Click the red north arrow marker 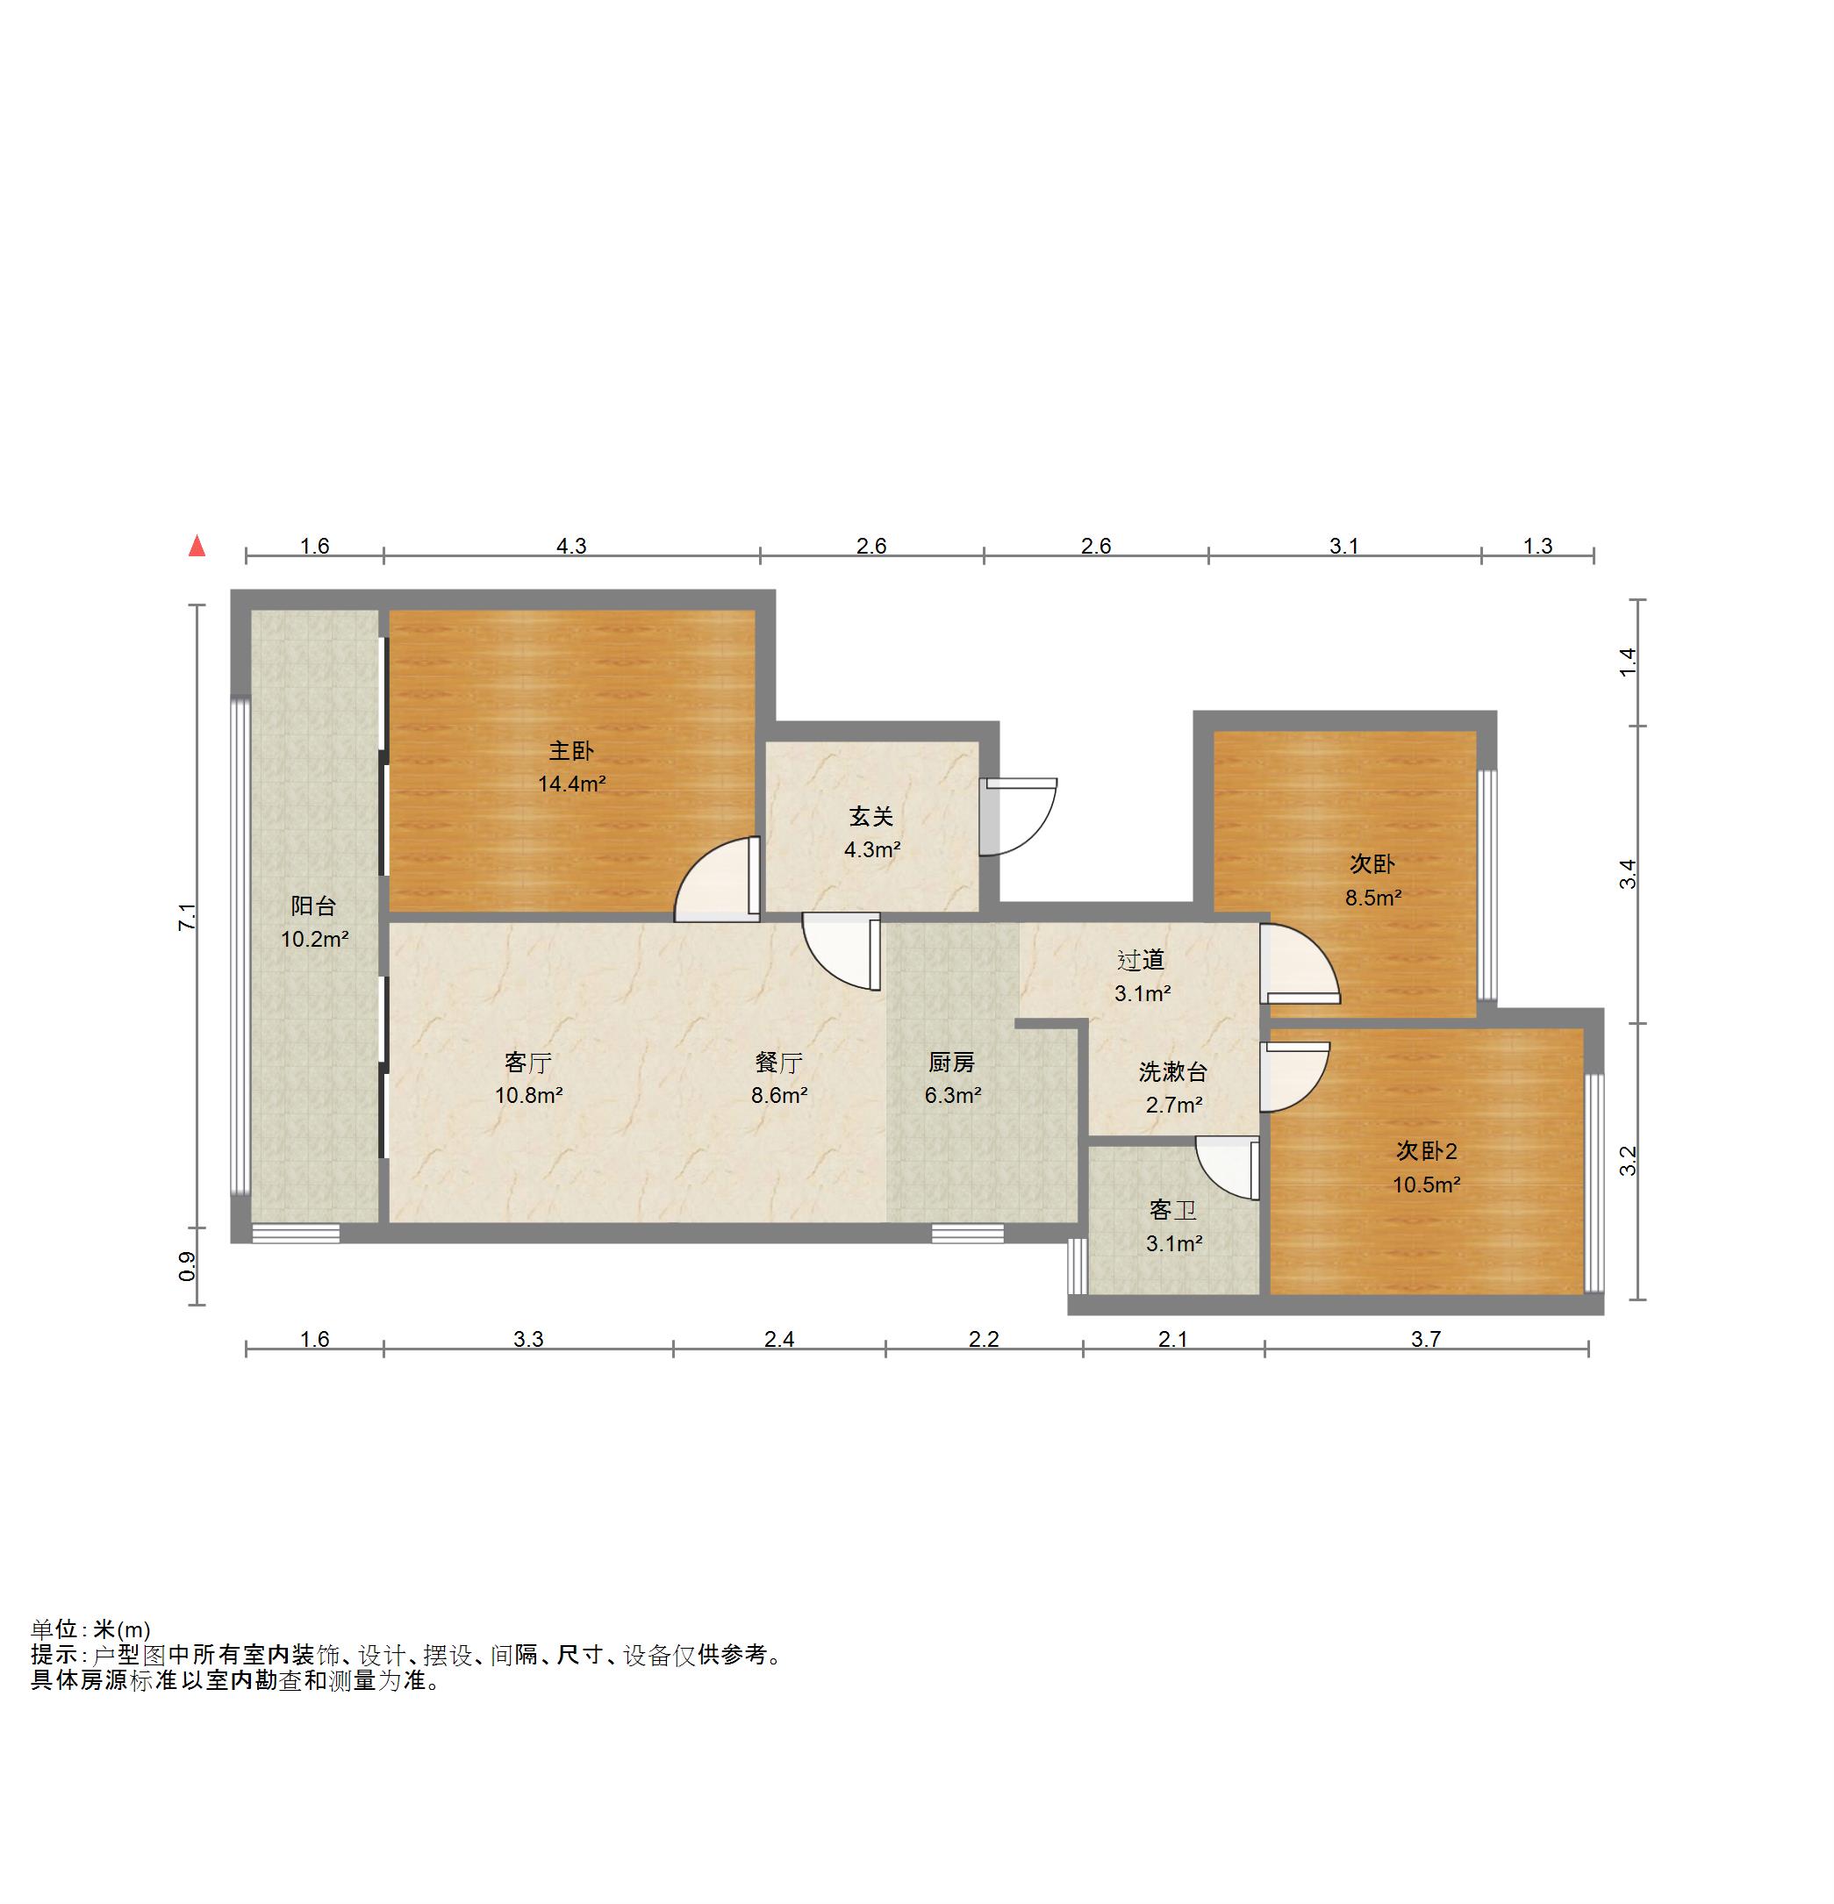(x=197, y=546)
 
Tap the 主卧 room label (x=571, y=750)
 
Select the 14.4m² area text (x=572, y=783)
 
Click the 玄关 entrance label (x=871, y=816)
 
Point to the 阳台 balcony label (x=314, y=905)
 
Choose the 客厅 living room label (x=528, y=1062)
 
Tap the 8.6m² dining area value (x=779, y=1095)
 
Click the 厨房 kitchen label (x=952, y=1062)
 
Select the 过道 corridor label (x=1142, y=960)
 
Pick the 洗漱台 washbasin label (x=1173, y=1071)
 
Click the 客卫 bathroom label (x=1173, y=1209)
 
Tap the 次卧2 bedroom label (x=1427, y=1151)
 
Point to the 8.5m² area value (x=1372, y=898)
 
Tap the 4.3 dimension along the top (x=571, y=546)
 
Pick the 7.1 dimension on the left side (x=187, y=917)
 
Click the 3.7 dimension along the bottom (x=1426, y=1339)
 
